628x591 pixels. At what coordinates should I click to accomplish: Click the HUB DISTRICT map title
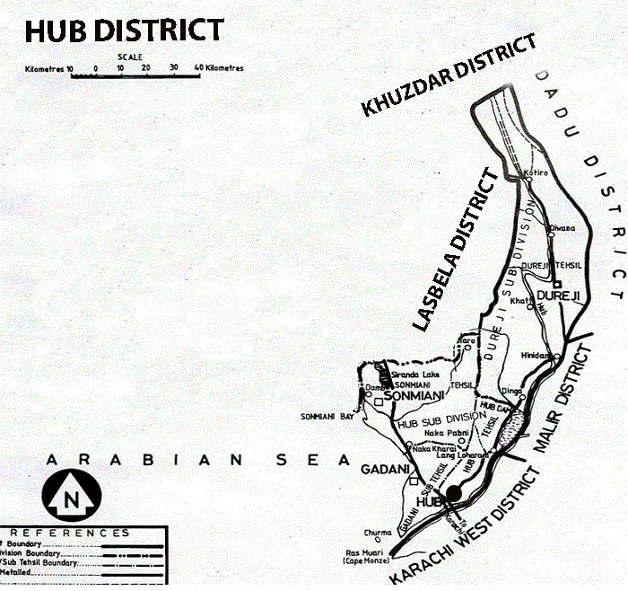pyautogui.click(x=123, y=30)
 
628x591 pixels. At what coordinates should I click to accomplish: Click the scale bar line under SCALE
pyautogui.click(x=135, y=76)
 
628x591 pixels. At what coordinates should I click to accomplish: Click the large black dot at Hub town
pyautogui.click(x=455, y=493)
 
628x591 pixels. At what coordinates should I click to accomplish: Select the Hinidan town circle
pyautogui.click(x=557, y=357)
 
